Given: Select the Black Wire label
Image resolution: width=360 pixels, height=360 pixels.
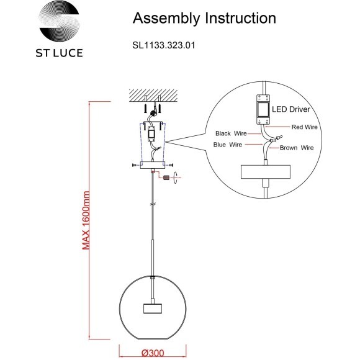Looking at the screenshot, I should [x=232, y=133].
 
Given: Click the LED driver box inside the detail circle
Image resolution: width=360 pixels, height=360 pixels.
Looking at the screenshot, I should [x=263, y=108].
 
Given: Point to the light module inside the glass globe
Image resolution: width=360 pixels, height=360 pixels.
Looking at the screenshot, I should [x=152, y=308].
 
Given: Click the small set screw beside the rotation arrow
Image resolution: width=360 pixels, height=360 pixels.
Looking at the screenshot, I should [x=166, y=177].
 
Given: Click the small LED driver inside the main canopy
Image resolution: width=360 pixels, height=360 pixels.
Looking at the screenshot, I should [x=151, y=132].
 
